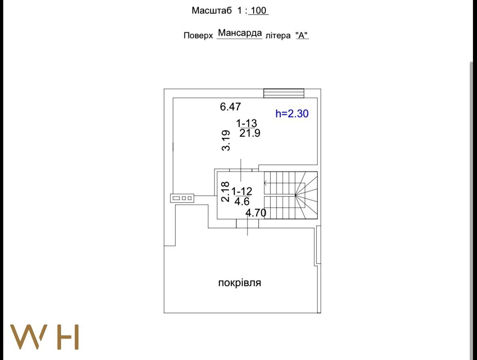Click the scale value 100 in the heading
click(x=258, y=11)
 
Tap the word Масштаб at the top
click(x=212, y=11)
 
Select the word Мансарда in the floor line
click(x=240, y=33)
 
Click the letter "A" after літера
click(x=302, y=35)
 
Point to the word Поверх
click(x=198, y=35)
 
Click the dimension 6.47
click(x=230, y=107)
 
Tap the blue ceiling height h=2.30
click(x=292, y=114)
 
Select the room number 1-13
click(x=246, y=123)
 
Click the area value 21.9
click(x=250, y=133)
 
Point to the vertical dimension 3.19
click(x=226, y=141)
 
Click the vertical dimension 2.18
click(x=225, y=192)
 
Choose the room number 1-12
click(x=242, y=191)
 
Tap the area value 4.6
click(x=242, y=201)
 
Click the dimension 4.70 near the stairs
click(x=256, y=213)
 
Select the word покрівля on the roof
click(x=240, y=283)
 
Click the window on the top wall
click(x=284, y=93)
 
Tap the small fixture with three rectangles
click(x=182, y=198)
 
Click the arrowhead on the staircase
click(x=265, y=183)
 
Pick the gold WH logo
click(x=45, y=337)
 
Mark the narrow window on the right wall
click(x=318, y=245)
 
